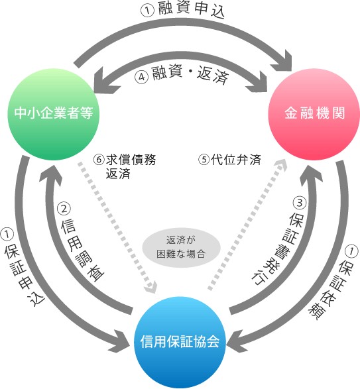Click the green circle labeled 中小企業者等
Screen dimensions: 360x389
[54, 114]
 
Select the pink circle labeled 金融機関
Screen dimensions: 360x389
[314, 114]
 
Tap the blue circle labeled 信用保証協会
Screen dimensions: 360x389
[180, 342]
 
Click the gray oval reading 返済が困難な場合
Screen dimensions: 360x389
[181, 247]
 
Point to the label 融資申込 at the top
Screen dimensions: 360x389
[191, 10]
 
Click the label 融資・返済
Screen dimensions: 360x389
[190, 74]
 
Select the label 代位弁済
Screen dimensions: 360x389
[236, 160]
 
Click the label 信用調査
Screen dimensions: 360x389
[82, 250]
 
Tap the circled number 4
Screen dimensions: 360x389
[142, 77]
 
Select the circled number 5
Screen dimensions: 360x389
[204, 159]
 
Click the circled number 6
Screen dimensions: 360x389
[99, 159]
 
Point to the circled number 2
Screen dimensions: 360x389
[64, 209]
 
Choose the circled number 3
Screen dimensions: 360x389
[300, 203]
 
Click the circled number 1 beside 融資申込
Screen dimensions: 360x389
[148, 11]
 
